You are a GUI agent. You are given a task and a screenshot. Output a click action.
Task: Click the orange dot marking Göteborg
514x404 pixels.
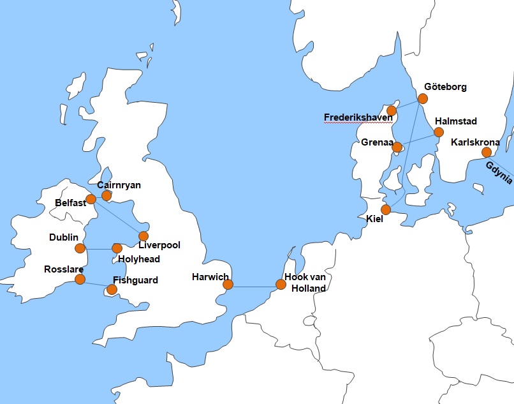pyautogui.click(x=423, y=98)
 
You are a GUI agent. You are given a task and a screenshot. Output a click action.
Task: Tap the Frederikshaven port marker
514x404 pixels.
pyautogui.click(x=392, y=110)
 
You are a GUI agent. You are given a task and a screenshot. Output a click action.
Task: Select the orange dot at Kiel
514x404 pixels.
pyautogui.click(x=386, y=209)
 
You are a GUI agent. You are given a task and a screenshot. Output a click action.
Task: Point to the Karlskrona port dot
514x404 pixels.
pyautogui.click(x=487, y=152)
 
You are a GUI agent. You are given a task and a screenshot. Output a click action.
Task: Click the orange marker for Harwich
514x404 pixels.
pyautogui.click(x=228, y=284)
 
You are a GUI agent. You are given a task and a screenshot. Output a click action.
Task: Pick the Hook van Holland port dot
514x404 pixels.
pyautogui.click(x=281, y=284)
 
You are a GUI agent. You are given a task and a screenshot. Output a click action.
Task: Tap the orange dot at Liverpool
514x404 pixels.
pyautogui.click(x=143, y=236)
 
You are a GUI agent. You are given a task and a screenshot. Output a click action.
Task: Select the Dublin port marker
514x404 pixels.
pyautogui.click(x=80, y=248)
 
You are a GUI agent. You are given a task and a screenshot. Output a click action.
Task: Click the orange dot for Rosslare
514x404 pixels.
pyautogui.click(x=80, y=279)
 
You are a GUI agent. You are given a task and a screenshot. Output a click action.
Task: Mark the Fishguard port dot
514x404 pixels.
pyautogui.click(x=112, y=289)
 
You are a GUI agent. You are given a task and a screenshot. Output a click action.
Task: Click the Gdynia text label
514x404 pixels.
pyautogui.click(x=499, y=172)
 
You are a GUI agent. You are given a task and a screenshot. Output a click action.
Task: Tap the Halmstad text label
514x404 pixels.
pyautogui.click(x=455, y=121)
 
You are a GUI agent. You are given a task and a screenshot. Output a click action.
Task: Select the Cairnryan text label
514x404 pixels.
pyautogui.click(x=119, y=184)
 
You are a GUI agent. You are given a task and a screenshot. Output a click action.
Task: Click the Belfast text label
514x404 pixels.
pyautogui.click(x=70, y=204)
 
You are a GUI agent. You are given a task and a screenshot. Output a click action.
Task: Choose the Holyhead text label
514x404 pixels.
pyautogui.click(x=139, y=259)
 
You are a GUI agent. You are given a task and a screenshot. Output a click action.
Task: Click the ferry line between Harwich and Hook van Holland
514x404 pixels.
pyautogui.click(x=254, y=287)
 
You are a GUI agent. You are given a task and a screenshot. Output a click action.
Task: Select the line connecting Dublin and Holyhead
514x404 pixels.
pyautogui.click(x=98, y=248)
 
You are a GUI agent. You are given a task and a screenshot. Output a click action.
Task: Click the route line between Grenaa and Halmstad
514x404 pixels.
pyautogui.click(x=418, y=140)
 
